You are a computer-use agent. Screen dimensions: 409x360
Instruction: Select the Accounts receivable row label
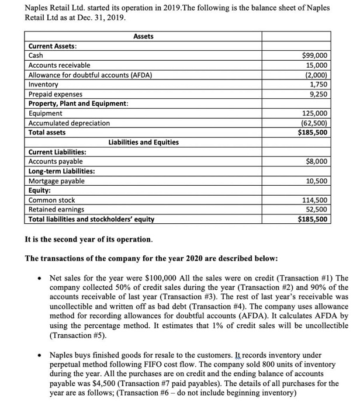pyautogui.click(x=60, y=65)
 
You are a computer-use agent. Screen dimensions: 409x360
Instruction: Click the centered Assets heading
pyautogui.click(x=143, y=36)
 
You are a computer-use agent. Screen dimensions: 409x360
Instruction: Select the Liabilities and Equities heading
pyautogui.click(x=144, y=142)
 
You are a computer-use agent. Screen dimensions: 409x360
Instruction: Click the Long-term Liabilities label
pyautogui.click(x=63, y=171)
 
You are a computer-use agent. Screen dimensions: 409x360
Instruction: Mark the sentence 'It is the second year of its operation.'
pyautogui.click(x=89, y=239)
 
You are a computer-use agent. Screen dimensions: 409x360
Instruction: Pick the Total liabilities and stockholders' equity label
pyautogui.click(x=92, y=219)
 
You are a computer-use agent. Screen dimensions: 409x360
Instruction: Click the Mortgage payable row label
pyautogui.click(x=56, y=181)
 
